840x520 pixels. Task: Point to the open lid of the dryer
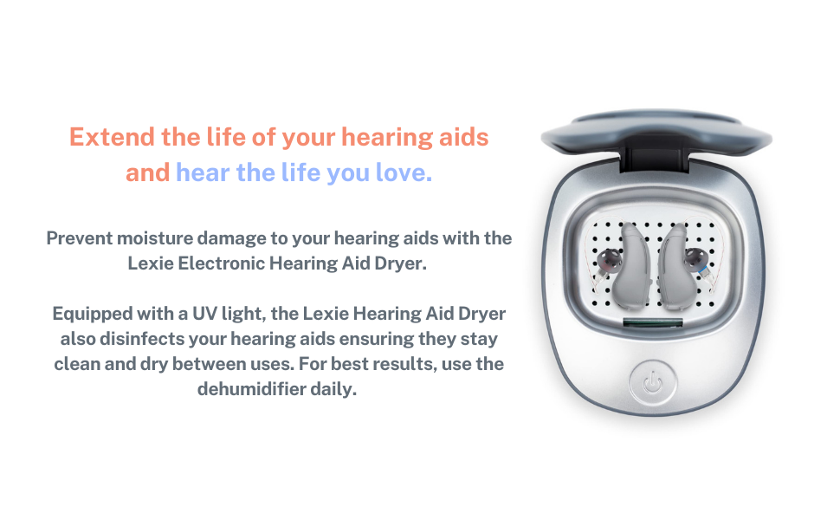click(x=656, y=139)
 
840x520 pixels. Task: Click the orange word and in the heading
click(x=147, y=172)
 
